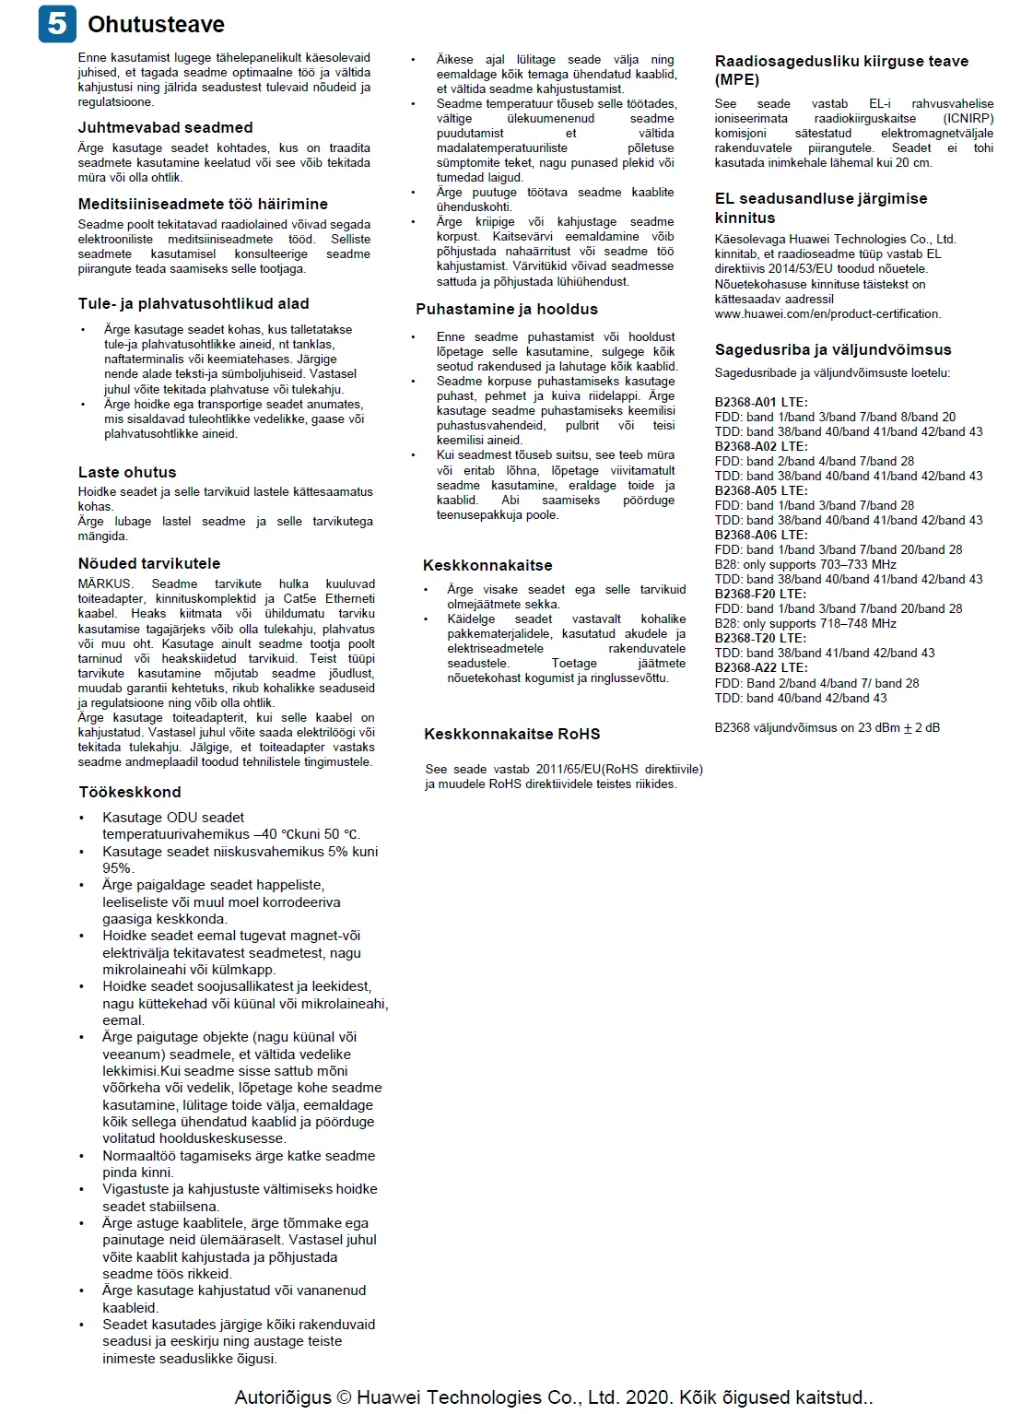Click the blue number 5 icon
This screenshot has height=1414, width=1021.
point(57,23)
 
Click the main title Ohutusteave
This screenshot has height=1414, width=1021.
point(156,24)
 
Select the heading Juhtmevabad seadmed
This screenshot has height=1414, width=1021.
point(165,127)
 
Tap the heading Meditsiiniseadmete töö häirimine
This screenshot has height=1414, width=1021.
point(203,204)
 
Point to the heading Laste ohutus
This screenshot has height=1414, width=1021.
point(127,472)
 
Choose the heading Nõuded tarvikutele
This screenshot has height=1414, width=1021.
point(149,563)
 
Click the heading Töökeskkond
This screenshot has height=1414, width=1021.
point(130,792)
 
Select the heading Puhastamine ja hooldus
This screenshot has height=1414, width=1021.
point(507,309)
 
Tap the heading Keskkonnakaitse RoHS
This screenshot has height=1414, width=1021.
point(511,734)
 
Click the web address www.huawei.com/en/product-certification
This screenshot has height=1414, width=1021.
point(827,313)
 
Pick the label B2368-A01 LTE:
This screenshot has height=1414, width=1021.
point(761,402)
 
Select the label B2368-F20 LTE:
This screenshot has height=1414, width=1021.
point(760,594)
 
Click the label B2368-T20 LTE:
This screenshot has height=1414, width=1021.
point(760,638)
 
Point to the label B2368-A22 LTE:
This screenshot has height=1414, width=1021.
point(761,667)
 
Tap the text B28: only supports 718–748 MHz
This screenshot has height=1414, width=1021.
point(805,623)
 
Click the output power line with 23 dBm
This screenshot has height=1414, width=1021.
point(827,727)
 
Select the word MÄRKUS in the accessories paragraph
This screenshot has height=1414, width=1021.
point(105,583)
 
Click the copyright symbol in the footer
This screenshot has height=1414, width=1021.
point(344,1397)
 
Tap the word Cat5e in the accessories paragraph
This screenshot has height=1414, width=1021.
point(299,598)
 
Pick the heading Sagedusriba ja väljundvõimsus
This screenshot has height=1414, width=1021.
point(833,349)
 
